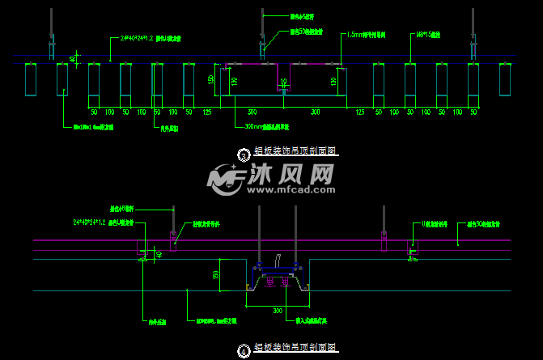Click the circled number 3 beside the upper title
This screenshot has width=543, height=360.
[244, 152]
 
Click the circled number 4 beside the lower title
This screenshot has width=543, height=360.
[244, 350]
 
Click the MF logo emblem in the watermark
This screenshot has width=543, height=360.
[226, 179]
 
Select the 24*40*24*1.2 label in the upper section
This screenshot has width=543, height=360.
[136, 38]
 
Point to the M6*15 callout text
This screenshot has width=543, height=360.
[428, 36]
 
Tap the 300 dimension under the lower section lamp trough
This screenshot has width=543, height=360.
[278, 310]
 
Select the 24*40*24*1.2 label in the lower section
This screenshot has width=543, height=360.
[89, 221]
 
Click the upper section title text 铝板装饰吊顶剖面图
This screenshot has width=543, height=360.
[295, 151]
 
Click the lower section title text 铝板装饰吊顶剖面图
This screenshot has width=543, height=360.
[295, 348]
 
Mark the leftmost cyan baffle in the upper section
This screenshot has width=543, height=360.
[31, 80]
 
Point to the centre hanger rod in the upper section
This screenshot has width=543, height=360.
[262, 28]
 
